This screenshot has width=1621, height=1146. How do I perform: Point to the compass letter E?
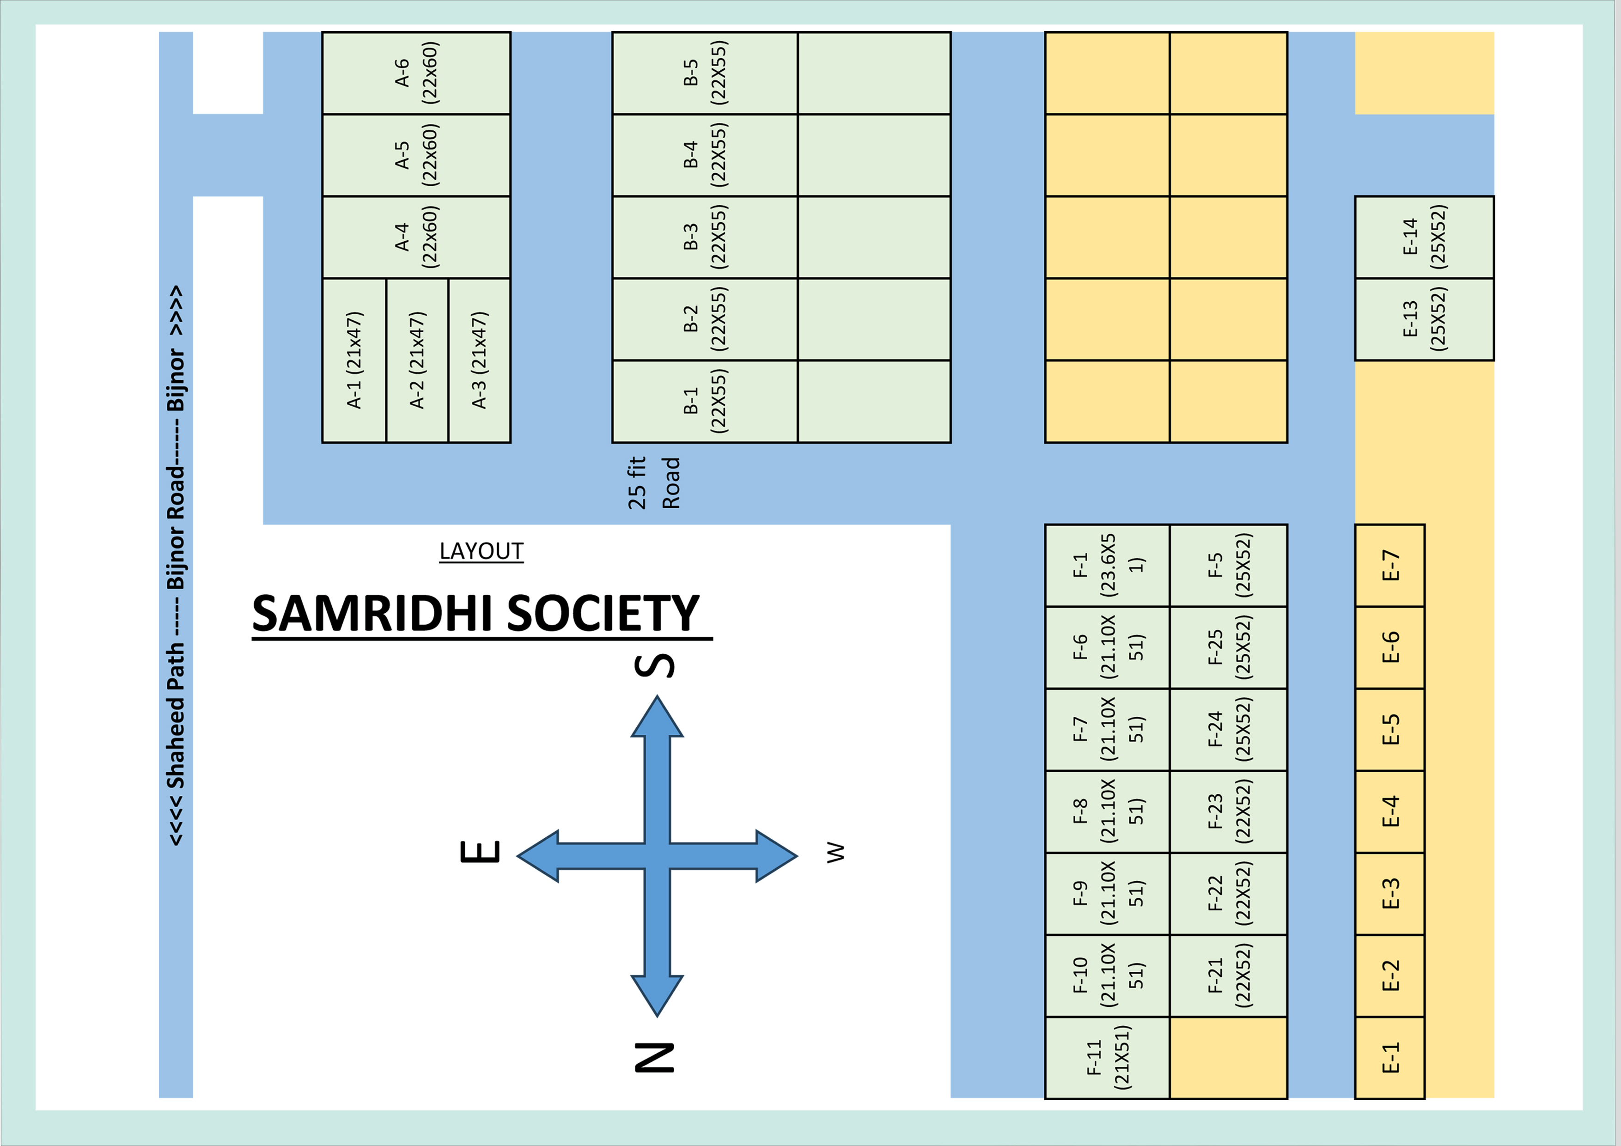click(481, 852)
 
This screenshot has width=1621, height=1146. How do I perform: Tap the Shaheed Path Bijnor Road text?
click(176, 565)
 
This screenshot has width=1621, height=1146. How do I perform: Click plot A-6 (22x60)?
click(416, 73)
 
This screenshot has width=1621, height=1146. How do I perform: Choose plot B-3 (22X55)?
click(705, 237)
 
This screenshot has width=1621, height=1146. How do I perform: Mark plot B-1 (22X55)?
click(705, 401)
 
